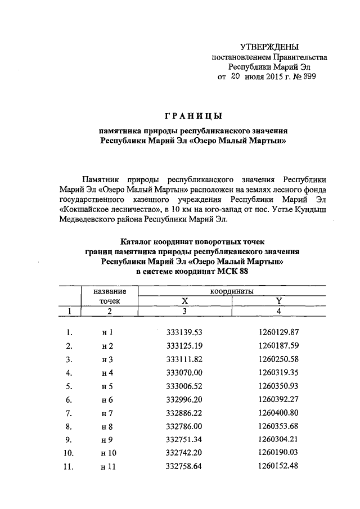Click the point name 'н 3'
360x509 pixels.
[x=107, y=359]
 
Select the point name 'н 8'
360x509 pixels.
[x=107, y=426]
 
